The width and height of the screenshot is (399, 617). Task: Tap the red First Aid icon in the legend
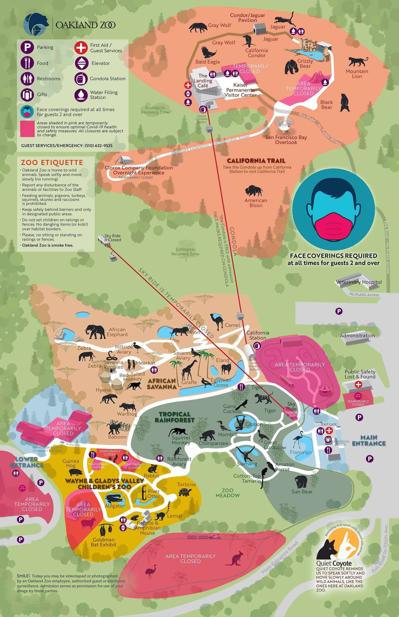81,48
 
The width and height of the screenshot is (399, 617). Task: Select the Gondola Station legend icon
81,78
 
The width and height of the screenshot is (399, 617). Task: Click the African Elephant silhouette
95,332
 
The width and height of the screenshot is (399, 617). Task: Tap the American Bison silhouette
254,191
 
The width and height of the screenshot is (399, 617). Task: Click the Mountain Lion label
357,74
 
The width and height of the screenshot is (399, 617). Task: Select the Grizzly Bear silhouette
291,67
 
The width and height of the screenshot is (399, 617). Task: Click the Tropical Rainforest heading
175,417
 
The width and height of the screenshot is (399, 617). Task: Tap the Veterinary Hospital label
359,282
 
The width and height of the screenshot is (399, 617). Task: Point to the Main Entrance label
369,440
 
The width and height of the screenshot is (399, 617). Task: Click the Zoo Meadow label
228,493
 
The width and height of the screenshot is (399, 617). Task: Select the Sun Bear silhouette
301,481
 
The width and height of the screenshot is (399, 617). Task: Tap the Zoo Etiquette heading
52,163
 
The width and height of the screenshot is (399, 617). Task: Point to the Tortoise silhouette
185,492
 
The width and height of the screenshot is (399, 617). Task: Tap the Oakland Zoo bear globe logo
36,24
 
